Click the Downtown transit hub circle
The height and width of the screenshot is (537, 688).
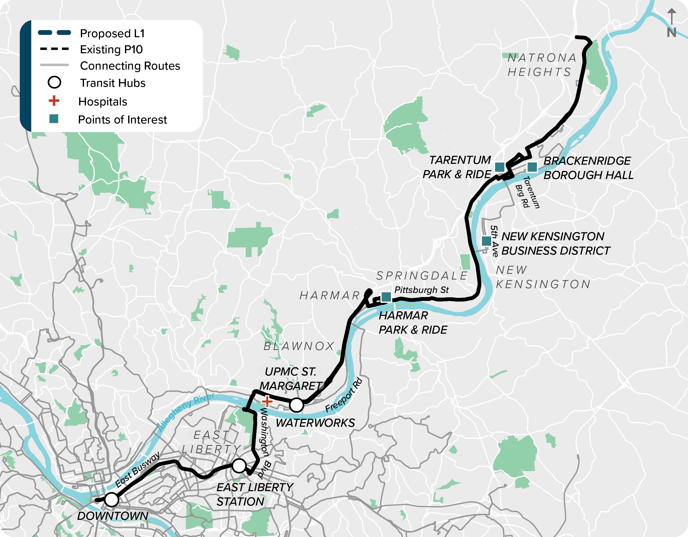click(x=112, y=499)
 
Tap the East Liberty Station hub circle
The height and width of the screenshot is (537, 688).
click(x=239, y=466)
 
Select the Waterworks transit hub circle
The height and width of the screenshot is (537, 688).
click(x=296, y=405)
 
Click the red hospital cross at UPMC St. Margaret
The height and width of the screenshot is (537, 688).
click(x=267, y=401)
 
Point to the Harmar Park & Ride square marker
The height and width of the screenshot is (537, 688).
click(x=386, y=296)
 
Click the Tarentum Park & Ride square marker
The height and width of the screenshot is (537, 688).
click(x=500, y=167)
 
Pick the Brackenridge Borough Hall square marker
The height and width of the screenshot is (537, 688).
click(x=532, y=167)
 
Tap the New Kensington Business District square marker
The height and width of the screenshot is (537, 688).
click(x=486, y=241)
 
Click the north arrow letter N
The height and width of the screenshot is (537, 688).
click(x=671, y=33)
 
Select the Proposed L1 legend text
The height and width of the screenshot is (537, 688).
click(x=112, y=34)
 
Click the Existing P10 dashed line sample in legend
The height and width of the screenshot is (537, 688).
click(x=54, y=49)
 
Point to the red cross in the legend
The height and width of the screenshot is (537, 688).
click(x=54, y=101)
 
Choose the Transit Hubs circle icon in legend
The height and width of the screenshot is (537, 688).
click(x=54, y=82)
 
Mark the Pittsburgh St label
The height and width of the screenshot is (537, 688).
click(x=421, y=290)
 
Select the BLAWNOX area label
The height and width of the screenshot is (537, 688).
click(x=299, y=346)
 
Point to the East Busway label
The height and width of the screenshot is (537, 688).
click(x=137, y=470)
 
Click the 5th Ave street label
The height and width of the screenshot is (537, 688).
click(x=494, y=241)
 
